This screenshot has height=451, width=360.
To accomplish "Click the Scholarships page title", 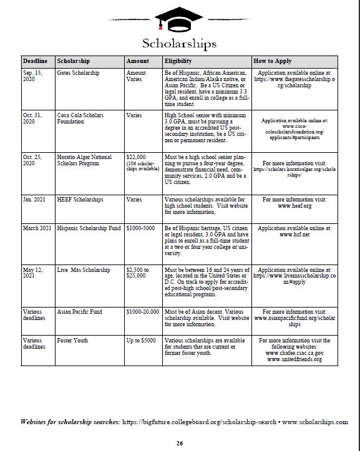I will coord(179,43).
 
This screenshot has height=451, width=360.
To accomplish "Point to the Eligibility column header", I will coord(178,61).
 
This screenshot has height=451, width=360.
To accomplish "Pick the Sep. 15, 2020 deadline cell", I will coord(34,76).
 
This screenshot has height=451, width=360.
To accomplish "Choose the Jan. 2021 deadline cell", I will coord(34,200).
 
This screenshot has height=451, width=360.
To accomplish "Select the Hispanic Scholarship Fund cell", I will coord(89,229).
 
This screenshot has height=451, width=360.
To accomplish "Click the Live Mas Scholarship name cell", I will coord(84,270).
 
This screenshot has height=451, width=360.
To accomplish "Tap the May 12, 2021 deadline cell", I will coord(34,273).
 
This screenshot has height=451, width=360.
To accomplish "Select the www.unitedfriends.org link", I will coord(294,359).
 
